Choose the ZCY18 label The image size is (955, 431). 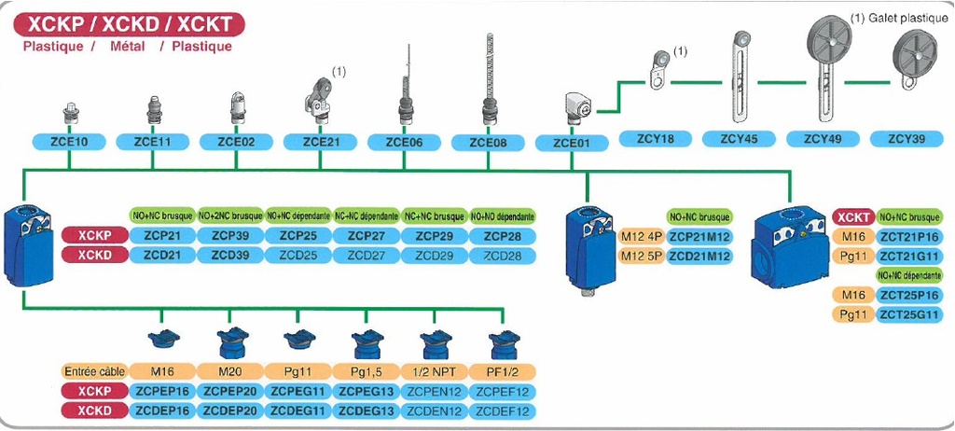point(656,139)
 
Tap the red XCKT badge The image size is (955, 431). point(852,216)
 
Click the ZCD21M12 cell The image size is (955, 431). point(699,255)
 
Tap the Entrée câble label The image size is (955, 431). point(92,370)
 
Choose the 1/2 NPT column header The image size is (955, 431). point(434,370)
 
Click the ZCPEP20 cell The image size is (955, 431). point(228,390)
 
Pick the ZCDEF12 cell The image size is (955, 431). point(502,410)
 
